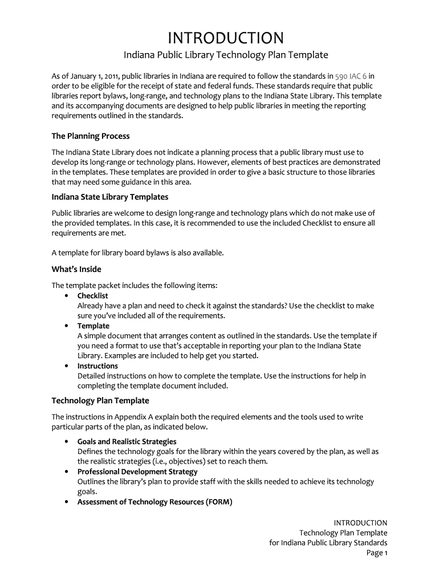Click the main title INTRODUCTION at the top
(x=226, y=38)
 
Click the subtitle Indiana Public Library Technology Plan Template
(x=226, y=55)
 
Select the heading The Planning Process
(x=91, y=136)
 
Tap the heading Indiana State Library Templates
(x=110, y=197)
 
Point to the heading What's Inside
(x=76, y=269)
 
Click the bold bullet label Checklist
(x=92, y=295)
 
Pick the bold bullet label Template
(x=94, y=326)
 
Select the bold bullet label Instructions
(x=97, y=366)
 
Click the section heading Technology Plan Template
(x=100, y=400)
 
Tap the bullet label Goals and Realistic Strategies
(x=127, y=441)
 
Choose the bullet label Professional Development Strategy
(x=137, y=472)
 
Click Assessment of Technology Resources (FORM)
(x=155, y=502)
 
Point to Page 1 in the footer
(x=377, y=553)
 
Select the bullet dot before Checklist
(x=67, y=296)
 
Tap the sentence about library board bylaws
(x=137, y=253)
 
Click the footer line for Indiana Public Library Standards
(x=328, y=542)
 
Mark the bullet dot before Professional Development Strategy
(x=67, y=472)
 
